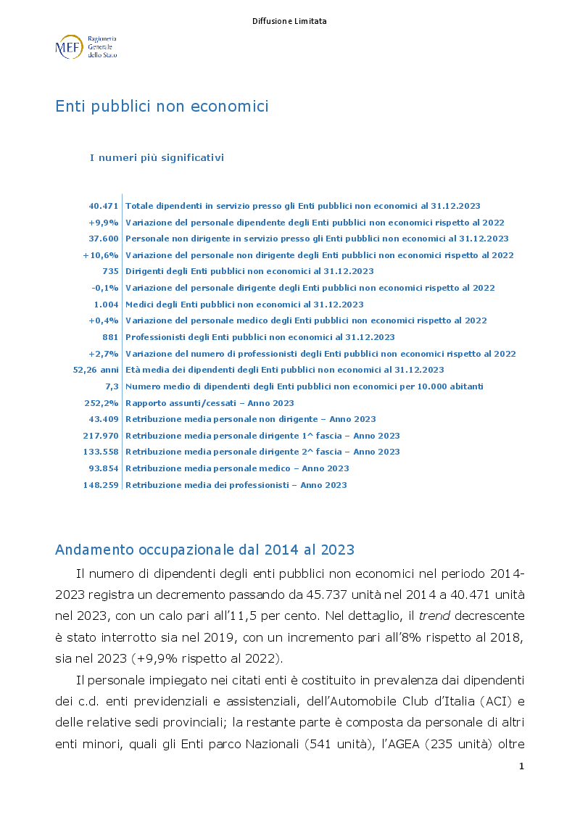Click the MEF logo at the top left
pos(85,46)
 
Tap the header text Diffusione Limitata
pos(289,21)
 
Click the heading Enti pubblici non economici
pos(162,107)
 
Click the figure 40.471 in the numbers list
pos(104,207)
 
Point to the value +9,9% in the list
pos(104,223)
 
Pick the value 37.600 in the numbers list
pos(104,239)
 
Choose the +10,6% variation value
pos(101,255)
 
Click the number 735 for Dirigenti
pos(110,271)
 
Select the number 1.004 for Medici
pos(106,305)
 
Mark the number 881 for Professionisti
pos(110,337)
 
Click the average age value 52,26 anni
pos(96,370)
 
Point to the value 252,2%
pos(101,403)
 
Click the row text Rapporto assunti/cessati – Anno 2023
pos(210,403)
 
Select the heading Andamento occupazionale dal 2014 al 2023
pos(204,550)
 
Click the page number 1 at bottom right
pos(521,766)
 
